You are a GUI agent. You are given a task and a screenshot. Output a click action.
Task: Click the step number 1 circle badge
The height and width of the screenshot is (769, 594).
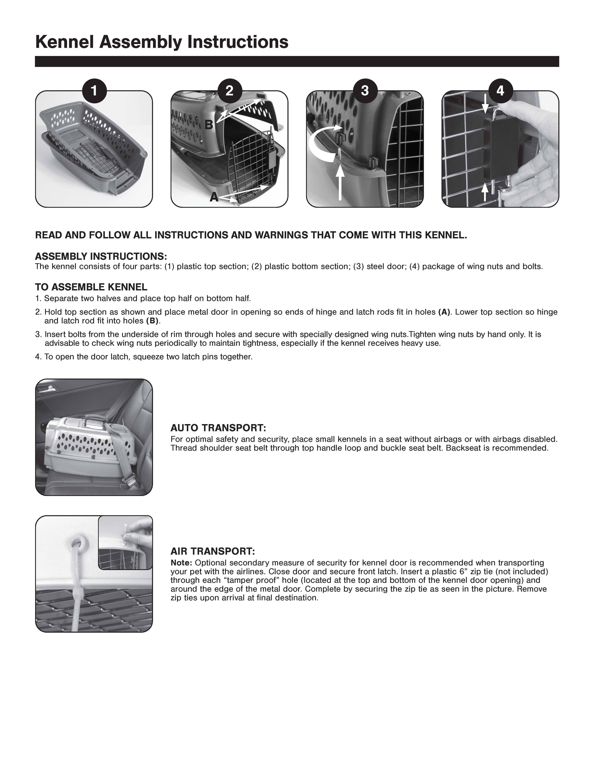94,91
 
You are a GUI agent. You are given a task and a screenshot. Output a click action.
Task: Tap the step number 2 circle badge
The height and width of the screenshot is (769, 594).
230,91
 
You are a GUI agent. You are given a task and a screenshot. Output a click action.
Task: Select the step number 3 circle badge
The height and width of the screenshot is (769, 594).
365,91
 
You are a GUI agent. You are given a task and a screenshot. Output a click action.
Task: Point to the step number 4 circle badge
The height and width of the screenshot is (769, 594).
500,91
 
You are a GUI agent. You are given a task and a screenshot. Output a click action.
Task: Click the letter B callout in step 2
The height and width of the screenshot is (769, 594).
209,125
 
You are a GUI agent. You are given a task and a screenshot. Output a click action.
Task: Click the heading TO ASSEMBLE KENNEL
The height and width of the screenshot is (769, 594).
91,287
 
